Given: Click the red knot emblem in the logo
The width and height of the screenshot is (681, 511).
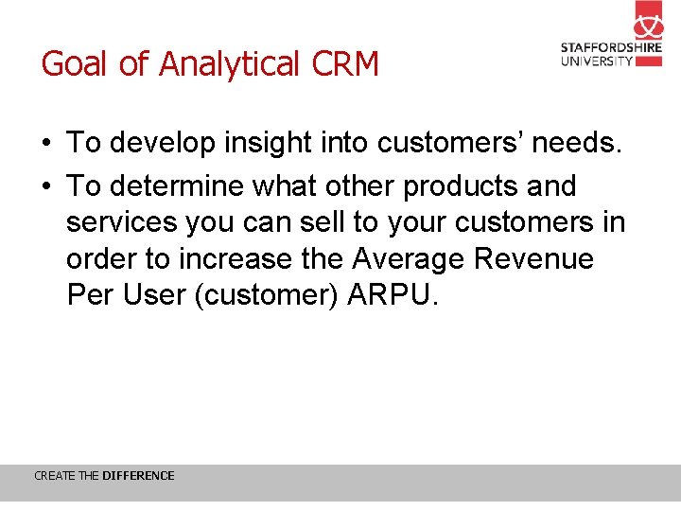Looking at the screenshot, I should pos(648,20).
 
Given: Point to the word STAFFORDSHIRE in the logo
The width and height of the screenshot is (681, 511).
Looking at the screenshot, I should pos(611,47).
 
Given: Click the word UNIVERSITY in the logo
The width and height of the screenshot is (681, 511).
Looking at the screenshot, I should pos(597,61).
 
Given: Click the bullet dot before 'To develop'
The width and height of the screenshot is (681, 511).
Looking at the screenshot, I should pos(46,144).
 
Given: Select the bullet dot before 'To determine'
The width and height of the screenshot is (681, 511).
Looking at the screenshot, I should pos(46,186).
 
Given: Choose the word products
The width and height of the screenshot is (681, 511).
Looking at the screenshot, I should pos(461,185).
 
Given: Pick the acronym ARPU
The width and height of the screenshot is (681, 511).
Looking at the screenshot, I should pos(393,295).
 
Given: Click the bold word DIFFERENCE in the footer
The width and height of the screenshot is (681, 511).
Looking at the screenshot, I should pos(138,476).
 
